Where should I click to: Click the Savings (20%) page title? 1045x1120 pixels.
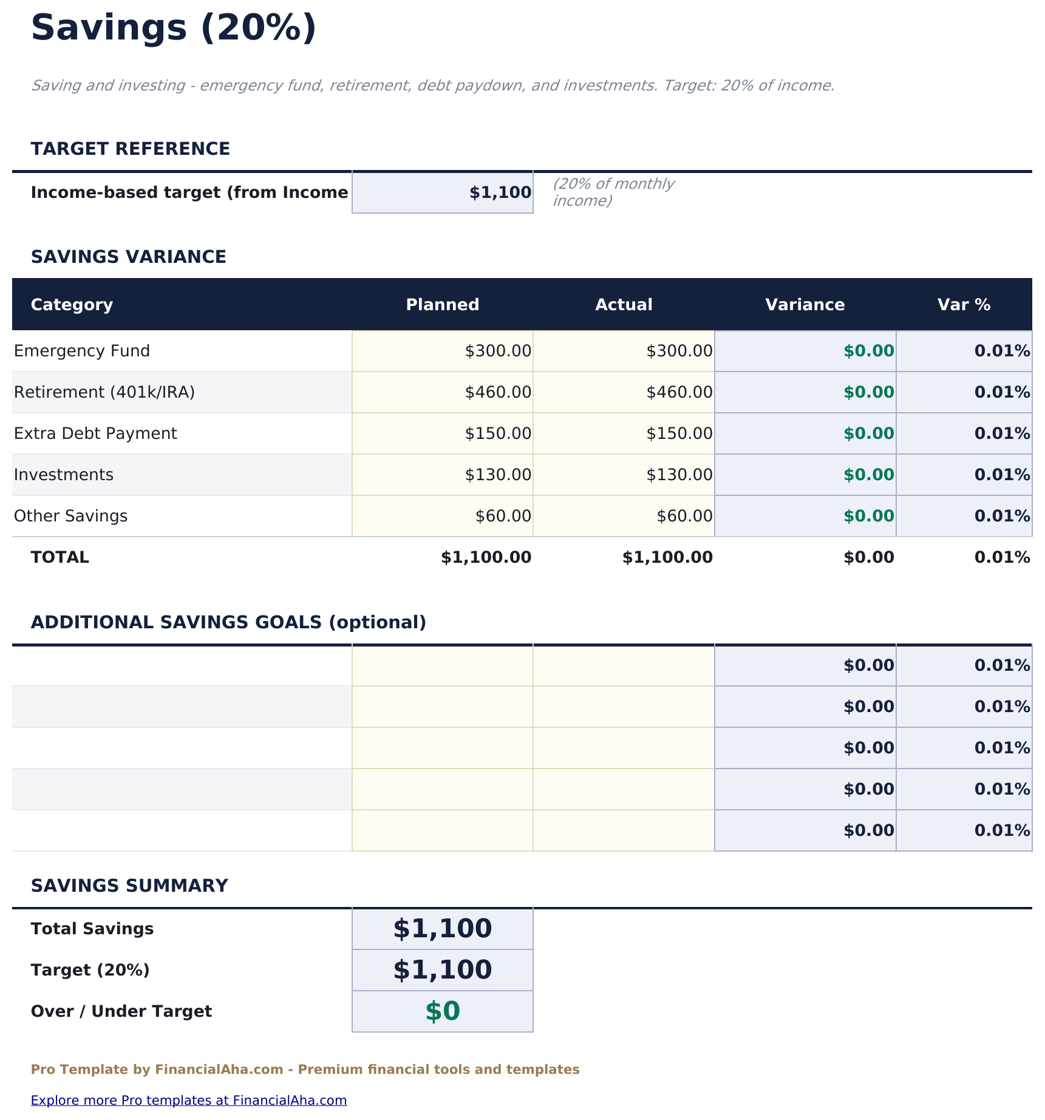pos(174,29)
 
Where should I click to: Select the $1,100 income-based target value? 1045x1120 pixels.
pos(500,193)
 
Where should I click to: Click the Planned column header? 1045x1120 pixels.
pos(442,305)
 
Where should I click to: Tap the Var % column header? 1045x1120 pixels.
pos(964,305)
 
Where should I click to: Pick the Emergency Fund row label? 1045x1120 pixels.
pos(82,351)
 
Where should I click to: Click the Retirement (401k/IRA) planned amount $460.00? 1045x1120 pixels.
pos(498,393)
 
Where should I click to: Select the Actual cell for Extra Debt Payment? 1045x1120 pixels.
pos(679,434)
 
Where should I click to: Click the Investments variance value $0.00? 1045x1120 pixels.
pos(868,475)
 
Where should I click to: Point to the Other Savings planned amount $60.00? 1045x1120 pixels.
pos(503,517)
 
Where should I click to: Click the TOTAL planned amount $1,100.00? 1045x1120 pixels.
pos(486,558)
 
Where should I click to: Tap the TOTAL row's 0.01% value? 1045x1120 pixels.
pos(1002,558)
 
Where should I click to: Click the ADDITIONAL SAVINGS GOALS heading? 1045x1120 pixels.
pos(228,623)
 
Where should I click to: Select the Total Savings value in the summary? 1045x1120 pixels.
pos(442,929)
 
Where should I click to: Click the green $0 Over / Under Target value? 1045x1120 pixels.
pos(442,1011)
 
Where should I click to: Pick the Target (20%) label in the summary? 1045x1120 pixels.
pos(90,970)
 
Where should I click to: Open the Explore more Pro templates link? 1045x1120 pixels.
pos(189,1101)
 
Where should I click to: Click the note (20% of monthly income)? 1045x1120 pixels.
pos(613,192)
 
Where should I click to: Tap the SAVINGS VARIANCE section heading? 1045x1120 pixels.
pos(129,257)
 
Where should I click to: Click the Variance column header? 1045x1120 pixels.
pos(805,305)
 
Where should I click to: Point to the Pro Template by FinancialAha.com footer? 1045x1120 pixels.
pos(305,1070)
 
